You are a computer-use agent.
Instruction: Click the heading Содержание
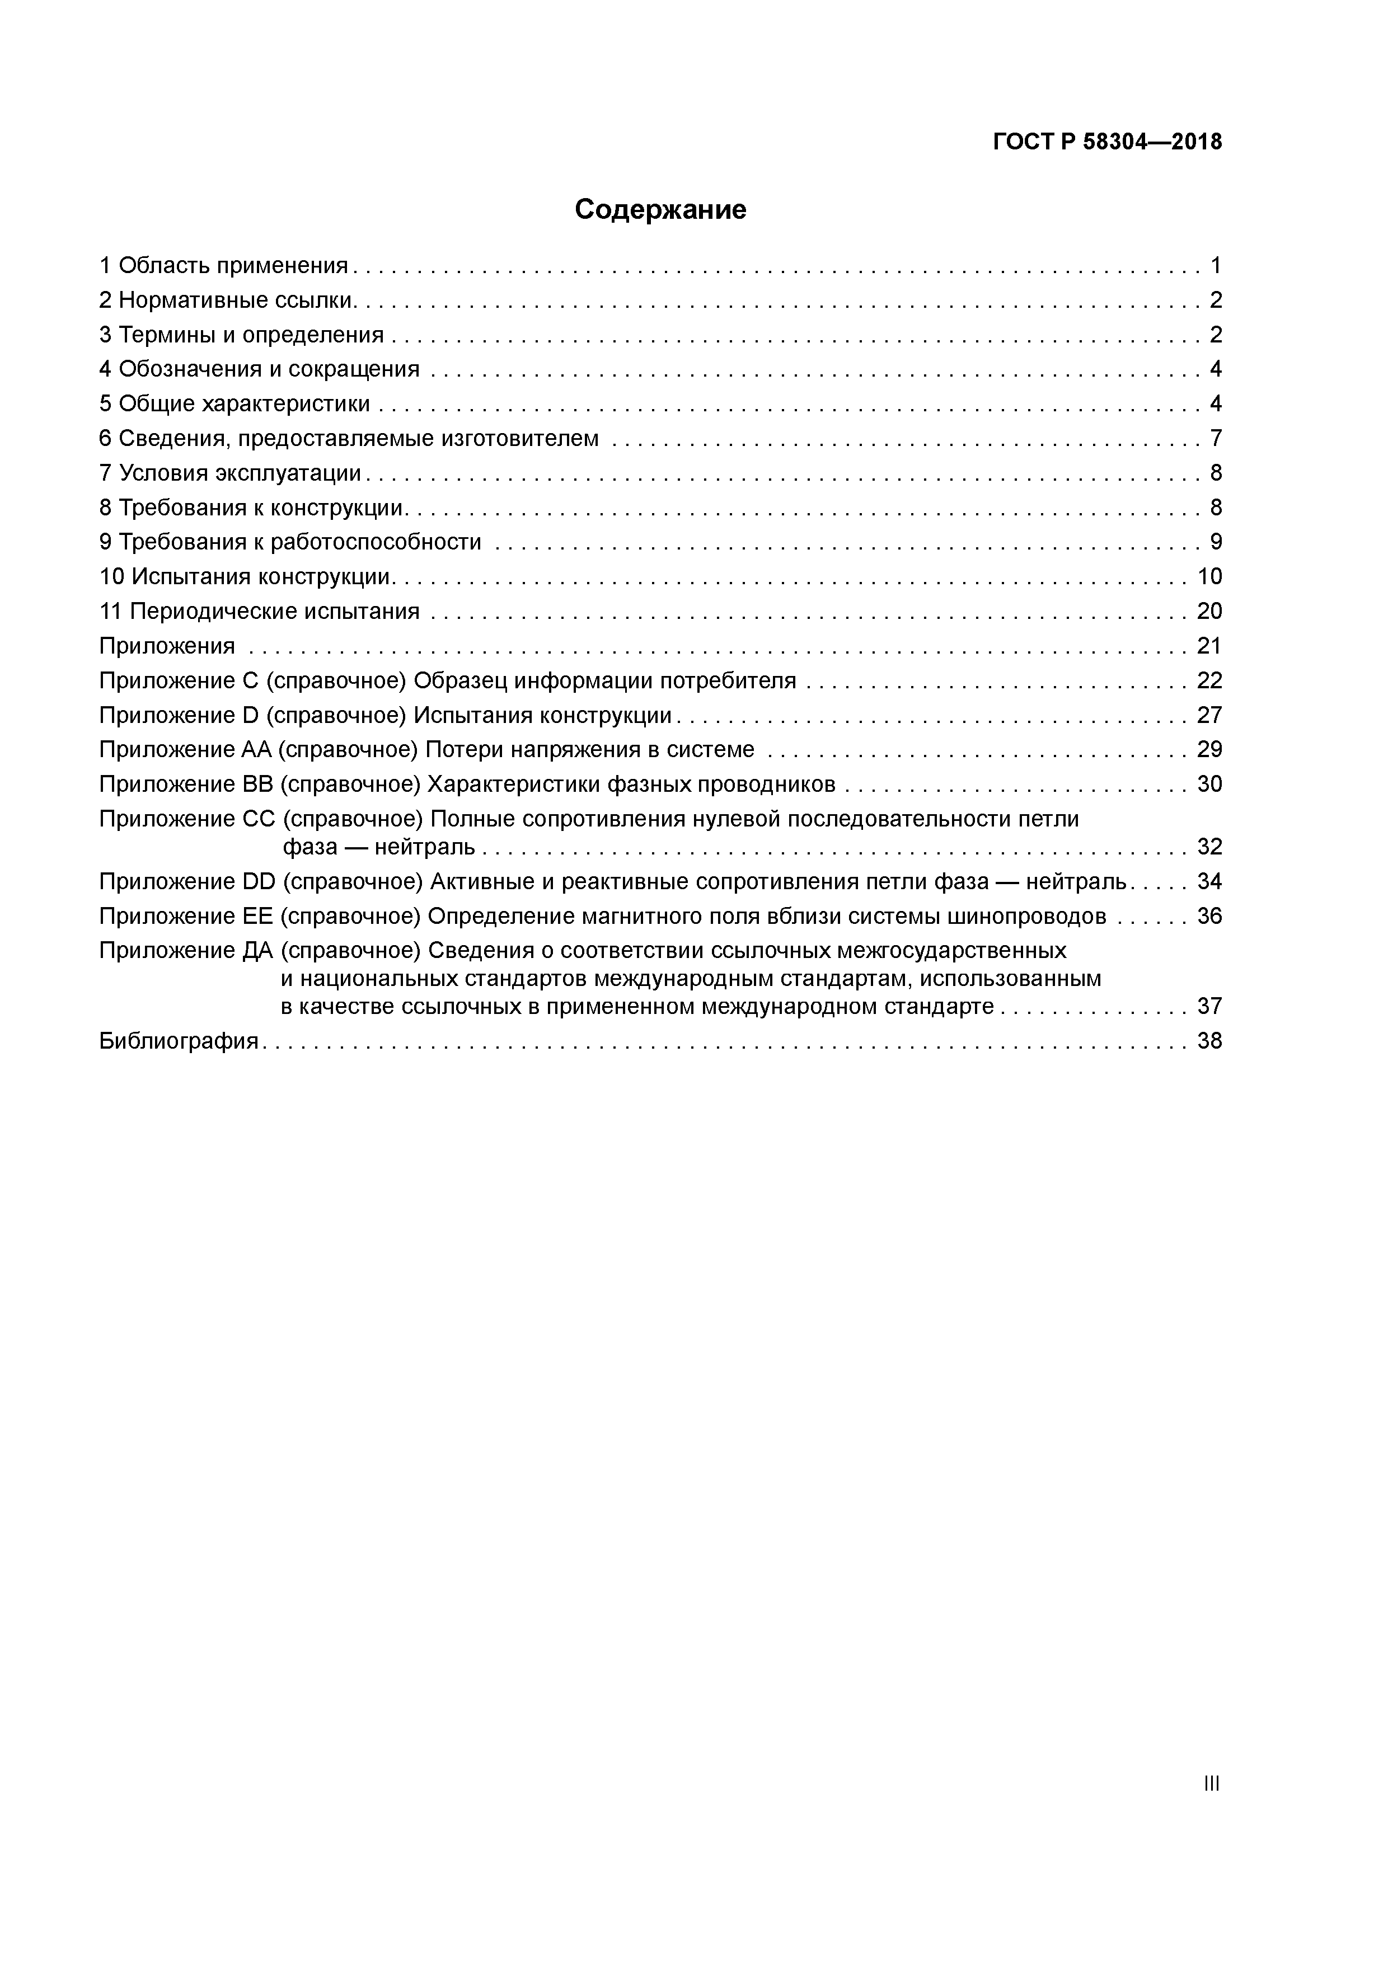(x=660, y=209)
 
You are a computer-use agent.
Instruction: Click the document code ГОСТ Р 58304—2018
(x=1108, y=142)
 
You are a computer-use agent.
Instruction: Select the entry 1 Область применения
(x=224, y=266)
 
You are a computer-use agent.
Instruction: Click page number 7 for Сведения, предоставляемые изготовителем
(x=1215, y=439)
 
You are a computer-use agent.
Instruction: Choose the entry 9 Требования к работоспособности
(x=291, y=542)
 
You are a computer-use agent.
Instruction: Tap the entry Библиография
(x=179, y=1041)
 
